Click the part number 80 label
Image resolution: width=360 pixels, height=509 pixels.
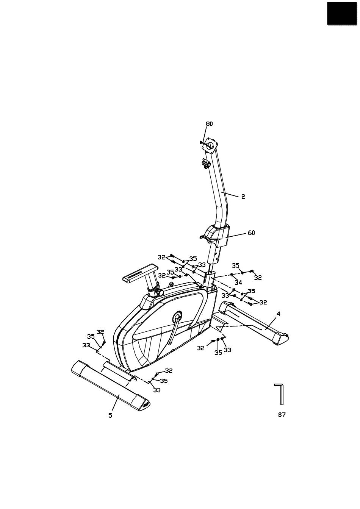[x=209, y=124]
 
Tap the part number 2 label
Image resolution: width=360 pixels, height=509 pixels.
[x=243, y=197]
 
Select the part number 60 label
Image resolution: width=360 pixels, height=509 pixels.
[x=251, y=233]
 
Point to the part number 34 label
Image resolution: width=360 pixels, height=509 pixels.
[x=238, y=283]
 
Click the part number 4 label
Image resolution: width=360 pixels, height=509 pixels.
[x=279, y=314]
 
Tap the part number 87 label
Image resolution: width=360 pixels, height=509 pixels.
[x=282, y=415]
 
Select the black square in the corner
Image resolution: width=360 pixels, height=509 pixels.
[x=342, y=13]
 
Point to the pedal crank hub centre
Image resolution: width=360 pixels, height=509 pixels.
[x=177, y=316]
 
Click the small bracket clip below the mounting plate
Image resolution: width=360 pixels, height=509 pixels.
[x=205, y=163]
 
